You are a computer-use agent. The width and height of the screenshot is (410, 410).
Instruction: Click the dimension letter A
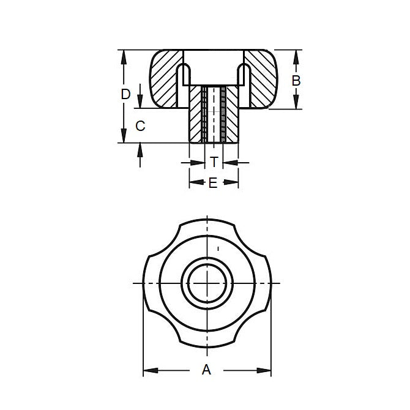point(206,369)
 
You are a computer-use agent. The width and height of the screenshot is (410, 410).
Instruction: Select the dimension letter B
point(296,80)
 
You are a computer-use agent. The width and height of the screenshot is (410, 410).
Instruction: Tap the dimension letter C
point(140,126)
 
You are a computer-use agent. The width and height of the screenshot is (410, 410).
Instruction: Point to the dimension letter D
point(125,94)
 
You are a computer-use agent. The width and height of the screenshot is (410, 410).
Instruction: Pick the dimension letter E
point(212,182)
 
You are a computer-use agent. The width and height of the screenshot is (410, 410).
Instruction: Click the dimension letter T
point(214,162)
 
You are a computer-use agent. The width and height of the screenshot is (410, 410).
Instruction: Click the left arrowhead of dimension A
point(147,370)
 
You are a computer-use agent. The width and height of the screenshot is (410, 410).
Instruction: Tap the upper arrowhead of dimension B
point(296,55)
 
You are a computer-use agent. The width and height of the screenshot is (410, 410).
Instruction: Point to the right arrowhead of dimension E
point(234,182)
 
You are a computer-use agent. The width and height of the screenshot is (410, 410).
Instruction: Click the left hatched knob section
point(164,80)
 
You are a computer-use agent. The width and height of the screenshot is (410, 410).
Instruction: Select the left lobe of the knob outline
point(149,283)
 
